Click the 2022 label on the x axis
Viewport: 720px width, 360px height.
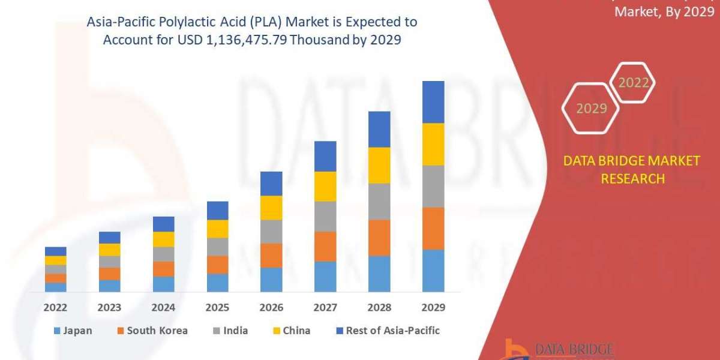56,307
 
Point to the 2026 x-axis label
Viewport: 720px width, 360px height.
271,307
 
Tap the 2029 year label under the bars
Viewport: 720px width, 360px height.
433,307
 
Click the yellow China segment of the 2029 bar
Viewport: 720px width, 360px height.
433,144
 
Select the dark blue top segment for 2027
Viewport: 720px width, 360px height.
325,156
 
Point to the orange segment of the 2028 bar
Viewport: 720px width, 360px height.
379,238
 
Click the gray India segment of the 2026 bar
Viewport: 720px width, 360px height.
271,232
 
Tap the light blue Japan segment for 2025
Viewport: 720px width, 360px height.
217,283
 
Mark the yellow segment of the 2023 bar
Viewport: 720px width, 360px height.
110,250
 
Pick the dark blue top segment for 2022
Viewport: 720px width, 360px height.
56,251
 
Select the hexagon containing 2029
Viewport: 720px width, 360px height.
591,109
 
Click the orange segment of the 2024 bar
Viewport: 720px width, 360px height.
163,269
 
